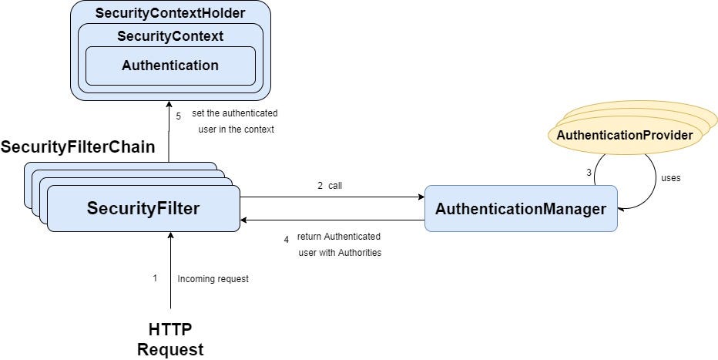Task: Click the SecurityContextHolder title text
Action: tap(170, 13)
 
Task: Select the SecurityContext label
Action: tap(170, 36)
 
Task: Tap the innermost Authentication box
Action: tap(170, 66)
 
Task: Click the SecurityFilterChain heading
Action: tap(77, 146)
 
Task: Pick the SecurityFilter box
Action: tap(143, 208)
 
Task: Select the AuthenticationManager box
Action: tap(521, 209)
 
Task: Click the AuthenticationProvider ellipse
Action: tap(625, 135)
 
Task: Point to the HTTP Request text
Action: tap(170, 339)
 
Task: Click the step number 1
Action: tap(155, 278)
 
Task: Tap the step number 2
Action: tap(320, 186)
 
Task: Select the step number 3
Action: tap(589, 173)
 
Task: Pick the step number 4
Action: tap(287, 239)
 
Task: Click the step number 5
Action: tap(178, 116)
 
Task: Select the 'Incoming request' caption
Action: tap(213, 279)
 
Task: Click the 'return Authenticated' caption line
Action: tap(339, 236)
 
